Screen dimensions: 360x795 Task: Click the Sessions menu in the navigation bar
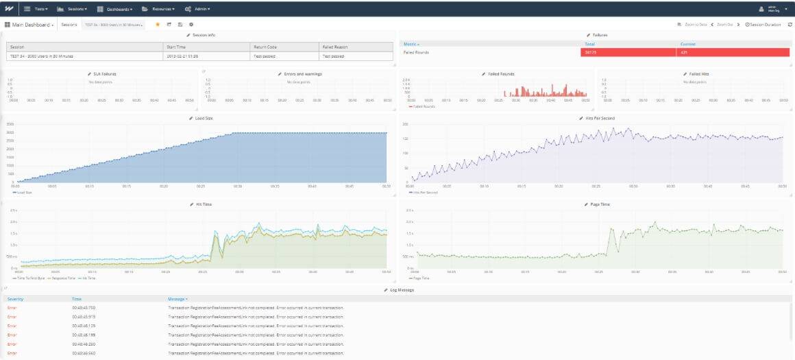(72, 9)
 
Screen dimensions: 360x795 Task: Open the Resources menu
(158, 9)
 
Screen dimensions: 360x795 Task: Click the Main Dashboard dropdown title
(30, 25)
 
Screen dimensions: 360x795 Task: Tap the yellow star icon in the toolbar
(158, 25)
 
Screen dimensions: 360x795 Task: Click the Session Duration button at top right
(763, 25)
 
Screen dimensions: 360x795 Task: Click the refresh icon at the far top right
(790, 25)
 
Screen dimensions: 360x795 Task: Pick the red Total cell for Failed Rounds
(627, 52)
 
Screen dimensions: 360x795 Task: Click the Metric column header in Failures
(411, 44)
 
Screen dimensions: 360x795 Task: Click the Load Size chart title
(204, 118)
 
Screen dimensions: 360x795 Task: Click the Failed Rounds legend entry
(423, 106)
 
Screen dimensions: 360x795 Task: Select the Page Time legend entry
(422, 278)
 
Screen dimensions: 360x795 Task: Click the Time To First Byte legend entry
(27, 278)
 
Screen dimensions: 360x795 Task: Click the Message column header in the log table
(177, 299)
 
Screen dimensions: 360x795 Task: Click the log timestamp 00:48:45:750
(84, 307)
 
